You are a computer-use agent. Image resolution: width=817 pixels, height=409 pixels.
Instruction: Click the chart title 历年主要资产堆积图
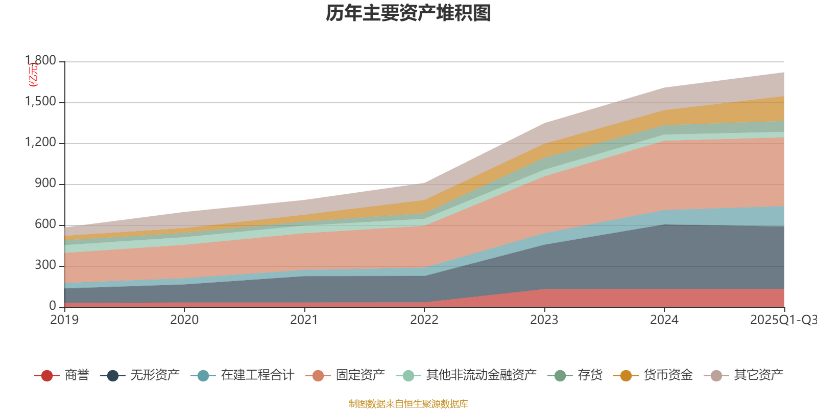tap(408, 14)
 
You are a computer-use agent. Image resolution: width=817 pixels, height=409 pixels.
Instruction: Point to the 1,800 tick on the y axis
tap(41, 61)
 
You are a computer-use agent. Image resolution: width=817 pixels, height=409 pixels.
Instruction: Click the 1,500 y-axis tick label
tap(41, 102)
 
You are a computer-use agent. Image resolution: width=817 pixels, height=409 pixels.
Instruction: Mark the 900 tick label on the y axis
tap(45, 184)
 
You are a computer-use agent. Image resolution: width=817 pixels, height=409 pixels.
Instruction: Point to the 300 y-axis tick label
tap(45, 265)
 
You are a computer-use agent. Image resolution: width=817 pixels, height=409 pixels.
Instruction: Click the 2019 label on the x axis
tap(64, 320)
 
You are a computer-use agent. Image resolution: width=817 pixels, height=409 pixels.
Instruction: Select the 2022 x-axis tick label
tap(424, 320)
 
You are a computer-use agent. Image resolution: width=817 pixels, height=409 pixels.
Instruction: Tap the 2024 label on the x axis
tap(664, 320)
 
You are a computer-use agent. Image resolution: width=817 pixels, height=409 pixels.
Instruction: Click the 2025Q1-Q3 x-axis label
tap(783, 320)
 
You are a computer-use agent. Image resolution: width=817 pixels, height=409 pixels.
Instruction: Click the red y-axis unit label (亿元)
tap(33, 75)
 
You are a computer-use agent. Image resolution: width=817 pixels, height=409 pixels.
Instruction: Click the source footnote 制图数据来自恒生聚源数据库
tap(408, 404)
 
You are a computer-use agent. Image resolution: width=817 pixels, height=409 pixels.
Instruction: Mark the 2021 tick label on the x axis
tap(304, 320)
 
